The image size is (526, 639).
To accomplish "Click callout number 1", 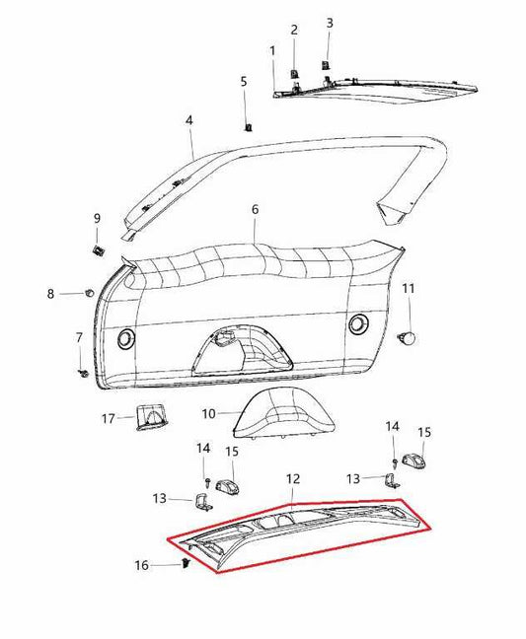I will click(272, 49).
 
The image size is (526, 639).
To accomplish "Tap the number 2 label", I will click(294, 31).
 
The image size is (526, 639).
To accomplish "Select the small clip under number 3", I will click(324, 66).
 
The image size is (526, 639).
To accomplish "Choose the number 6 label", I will click(255, 210).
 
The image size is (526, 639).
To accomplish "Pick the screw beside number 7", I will click(83, 375).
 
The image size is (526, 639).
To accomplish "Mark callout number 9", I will click(97, 218).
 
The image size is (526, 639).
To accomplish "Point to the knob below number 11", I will click(406, 337).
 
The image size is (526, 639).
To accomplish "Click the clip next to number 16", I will click(188, 564).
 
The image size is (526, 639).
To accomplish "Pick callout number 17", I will click(110, 418).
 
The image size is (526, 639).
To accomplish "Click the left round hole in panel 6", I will click(126, 339).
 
